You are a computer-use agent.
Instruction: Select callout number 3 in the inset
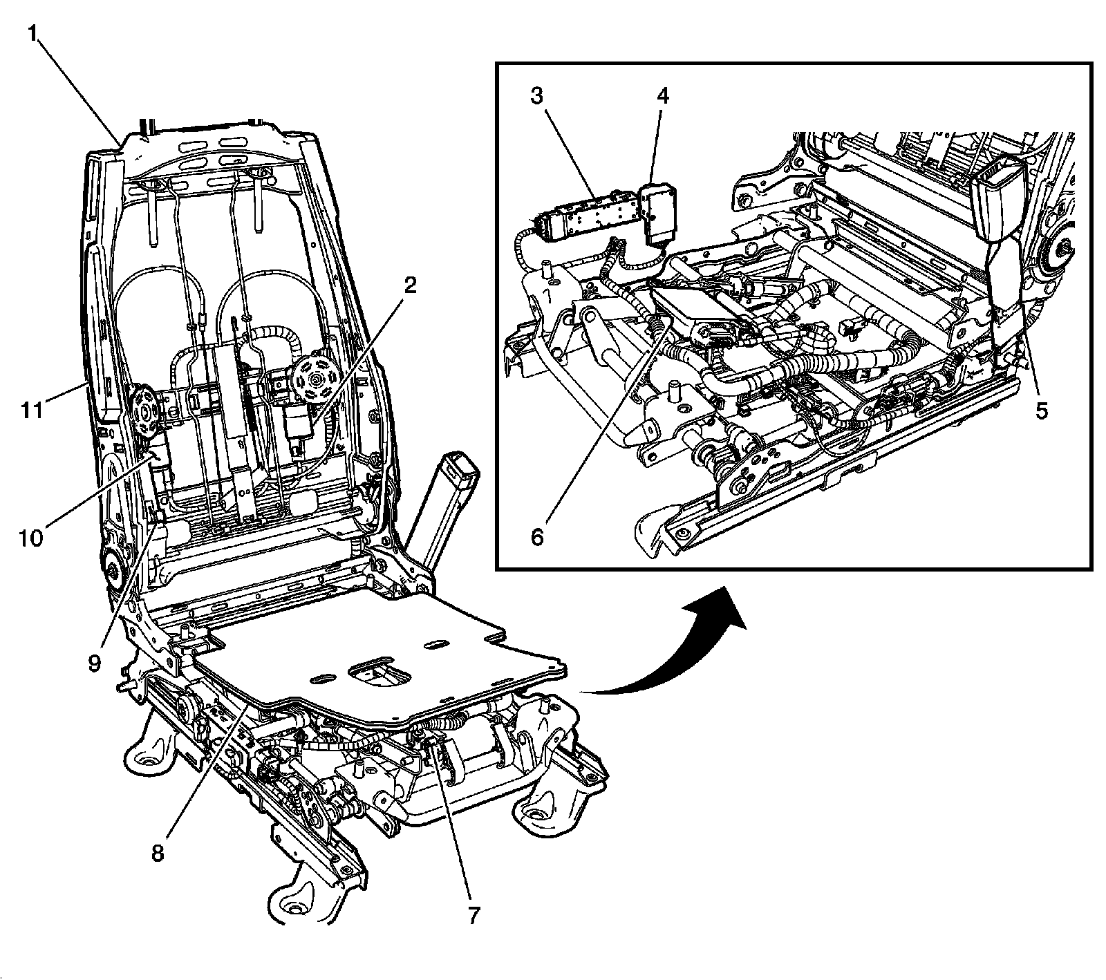(536, 95)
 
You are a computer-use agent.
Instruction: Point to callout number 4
(662, 95)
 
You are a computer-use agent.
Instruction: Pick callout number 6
(537, 535)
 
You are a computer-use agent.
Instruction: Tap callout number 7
(472, 914)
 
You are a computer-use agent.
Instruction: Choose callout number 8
(158, 853)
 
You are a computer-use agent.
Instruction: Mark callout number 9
(95, 663)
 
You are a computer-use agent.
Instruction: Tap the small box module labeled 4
(657, 214)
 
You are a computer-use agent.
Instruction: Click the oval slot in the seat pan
(433, 644)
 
